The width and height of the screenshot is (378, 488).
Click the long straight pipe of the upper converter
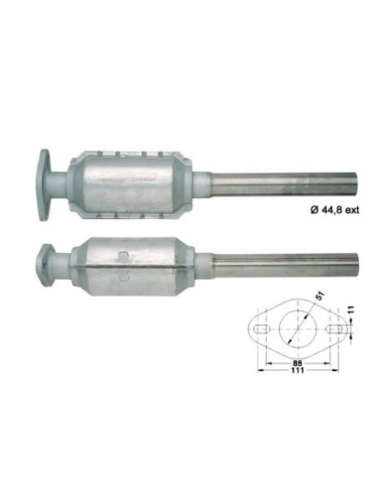(x=284, y=180)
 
